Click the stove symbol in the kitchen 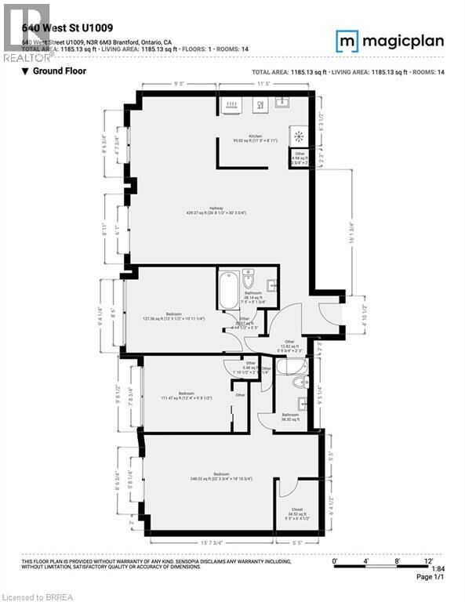click(298, 135)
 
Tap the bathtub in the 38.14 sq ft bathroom click(229, 288)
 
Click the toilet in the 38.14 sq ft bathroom click(249, 278)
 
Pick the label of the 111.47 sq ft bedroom click(186, 395)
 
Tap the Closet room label click(297, 510)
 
